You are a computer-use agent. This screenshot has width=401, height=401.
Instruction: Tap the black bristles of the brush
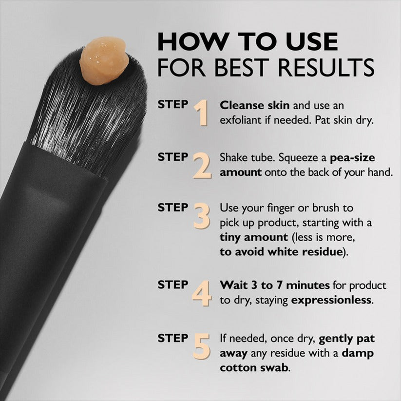(x=88, y=117)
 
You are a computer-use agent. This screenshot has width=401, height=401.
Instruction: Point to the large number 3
(x=202, y=216)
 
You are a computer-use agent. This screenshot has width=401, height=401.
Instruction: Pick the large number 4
(x=202, y=293)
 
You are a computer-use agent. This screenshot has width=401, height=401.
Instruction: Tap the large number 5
(x=202, y=346)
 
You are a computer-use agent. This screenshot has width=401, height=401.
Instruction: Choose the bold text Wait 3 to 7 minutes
(x=275, y=285)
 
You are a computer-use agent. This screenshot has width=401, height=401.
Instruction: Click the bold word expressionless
(x=331, y=300)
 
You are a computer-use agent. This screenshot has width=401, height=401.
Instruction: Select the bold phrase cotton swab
(x=254, y=367)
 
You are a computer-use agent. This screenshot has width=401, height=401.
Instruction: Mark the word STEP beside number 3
(x=172, y=207)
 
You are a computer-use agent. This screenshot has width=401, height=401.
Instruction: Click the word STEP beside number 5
(x=172, y=337)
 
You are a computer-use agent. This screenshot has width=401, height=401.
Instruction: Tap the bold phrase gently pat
(x=346, y=338)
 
